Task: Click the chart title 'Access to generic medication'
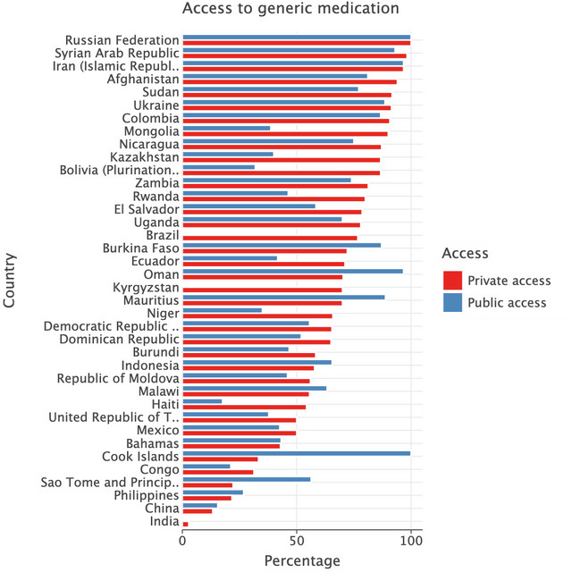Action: pos(290,10)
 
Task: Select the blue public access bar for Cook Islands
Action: pos(296,453)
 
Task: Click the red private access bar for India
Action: pos(185,524)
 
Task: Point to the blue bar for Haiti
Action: pos(202,401)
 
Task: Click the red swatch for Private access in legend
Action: pos(452,281)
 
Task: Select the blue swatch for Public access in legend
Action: pos(452,303)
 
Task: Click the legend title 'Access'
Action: pos(465,254)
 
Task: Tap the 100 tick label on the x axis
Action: pos(410,541)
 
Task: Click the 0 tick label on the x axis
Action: pos(183,541)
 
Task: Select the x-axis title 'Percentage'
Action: pos(302,561)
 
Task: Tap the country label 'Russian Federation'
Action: pos(122,40)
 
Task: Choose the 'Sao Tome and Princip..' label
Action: pos(110,483)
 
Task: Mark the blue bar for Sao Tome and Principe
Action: pos(247,479)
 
